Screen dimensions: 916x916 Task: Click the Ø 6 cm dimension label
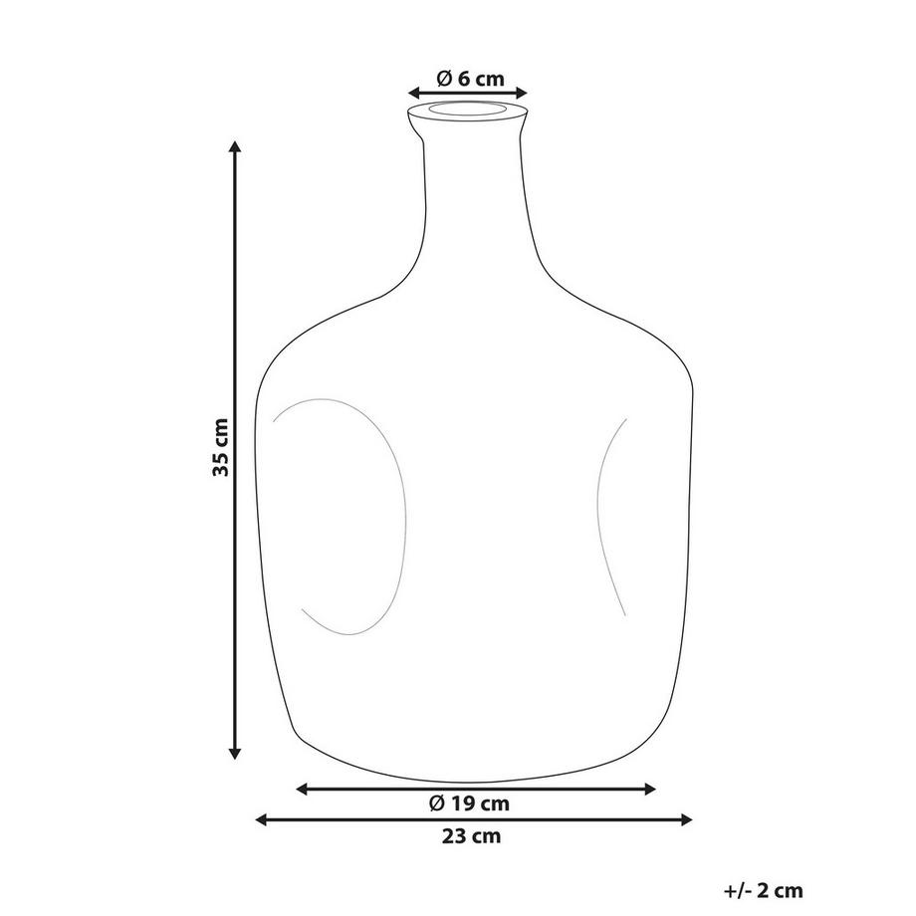(470, 79)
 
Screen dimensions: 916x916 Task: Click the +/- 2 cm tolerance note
(763, 892)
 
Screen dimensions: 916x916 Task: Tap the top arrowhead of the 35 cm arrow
(235, 147)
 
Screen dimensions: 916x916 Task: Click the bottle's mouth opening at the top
(468, 108)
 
